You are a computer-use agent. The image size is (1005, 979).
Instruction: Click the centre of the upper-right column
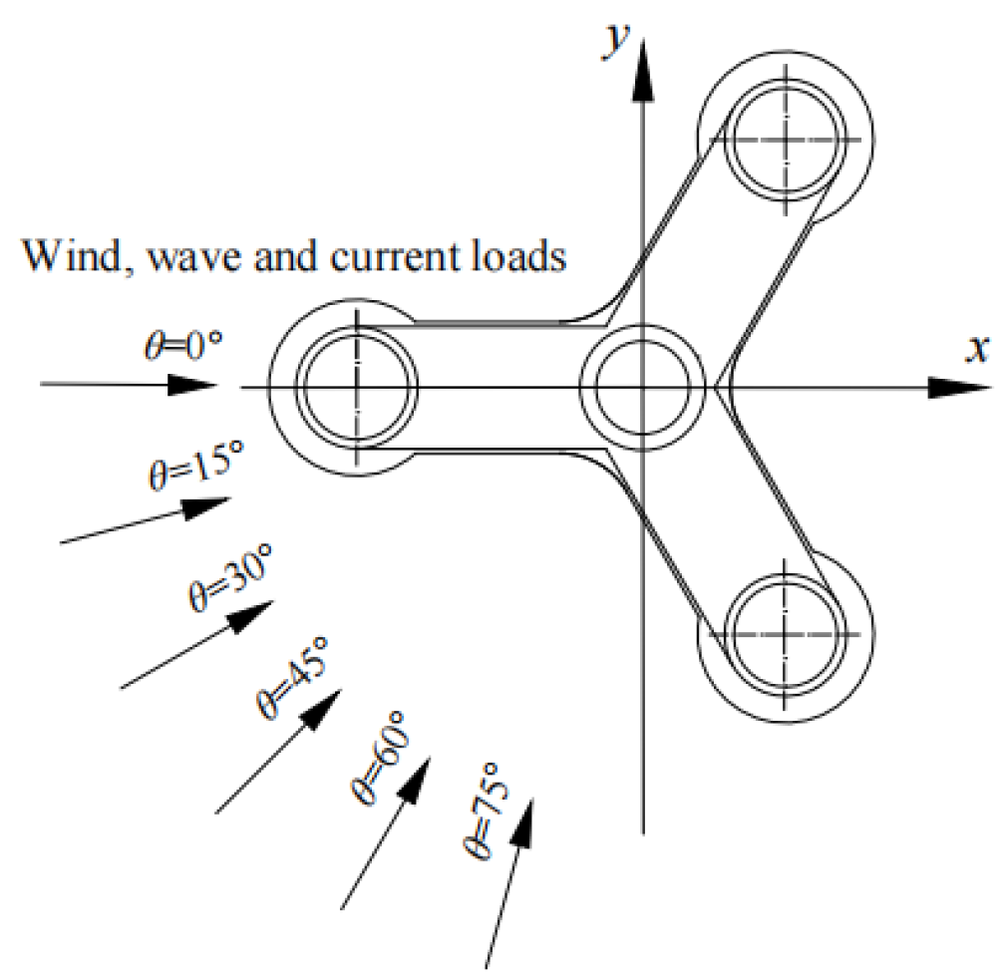click(786, 137)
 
